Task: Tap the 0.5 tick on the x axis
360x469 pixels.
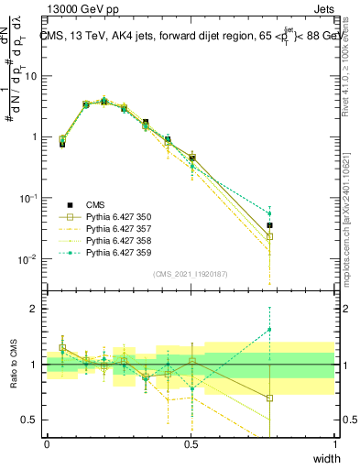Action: point(191,445)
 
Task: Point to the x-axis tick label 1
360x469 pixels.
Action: point(335,445)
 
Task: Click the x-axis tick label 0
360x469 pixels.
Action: point(47,445)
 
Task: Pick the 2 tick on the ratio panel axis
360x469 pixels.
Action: point(35,309)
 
